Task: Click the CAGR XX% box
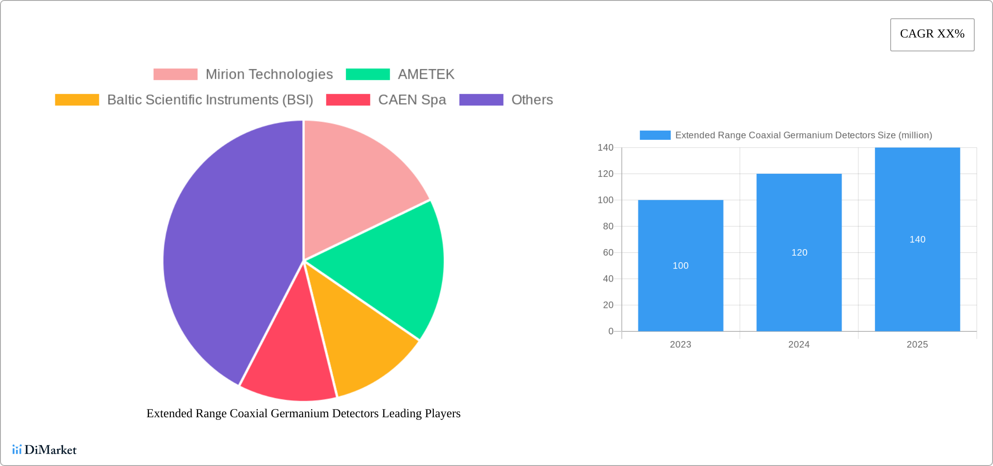(x=932, y=34)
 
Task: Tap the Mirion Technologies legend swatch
(x=175, y=74)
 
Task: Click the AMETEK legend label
(x=426, y=74)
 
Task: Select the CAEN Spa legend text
(x=412, y=100)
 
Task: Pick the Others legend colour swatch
(x=481, y=100)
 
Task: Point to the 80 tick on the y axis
(x=608, y=226)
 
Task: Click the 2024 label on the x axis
(x=799, y=344)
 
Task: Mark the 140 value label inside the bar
(x=917, y=240)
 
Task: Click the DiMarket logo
(x=44, y=449)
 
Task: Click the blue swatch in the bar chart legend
(x=655, y=135)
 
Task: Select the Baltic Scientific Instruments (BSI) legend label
(x=210, y=100)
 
